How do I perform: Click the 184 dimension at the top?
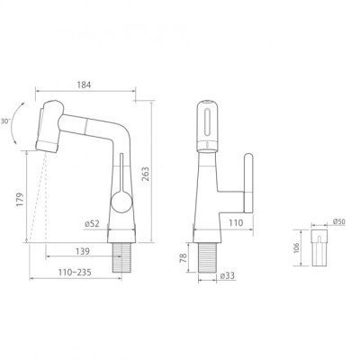click(84, 85)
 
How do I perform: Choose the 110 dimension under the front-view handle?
click(235, 222)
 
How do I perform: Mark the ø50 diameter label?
click(338, 220)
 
